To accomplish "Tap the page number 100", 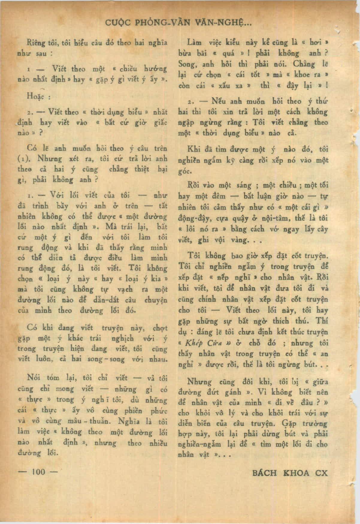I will point(38,472).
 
